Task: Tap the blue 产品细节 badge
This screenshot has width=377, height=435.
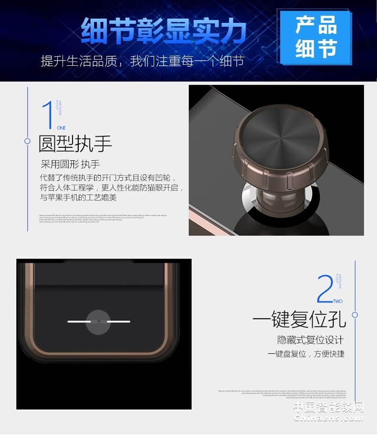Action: click(x=315, y=37)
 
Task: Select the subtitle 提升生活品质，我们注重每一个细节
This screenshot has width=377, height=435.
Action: click(x=142, y=61)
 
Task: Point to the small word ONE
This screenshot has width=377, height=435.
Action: click(x=61, y=128)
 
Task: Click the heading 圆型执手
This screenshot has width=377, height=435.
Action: click(x=75, y=144)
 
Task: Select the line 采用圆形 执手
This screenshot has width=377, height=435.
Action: click(x=70, y=165)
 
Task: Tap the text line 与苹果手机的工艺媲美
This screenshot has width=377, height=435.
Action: click(x=78, y=197)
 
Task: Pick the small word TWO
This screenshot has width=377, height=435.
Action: click(x=338, y=301)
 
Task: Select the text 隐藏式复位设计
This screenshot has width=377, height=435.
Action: click(x=311, y=340)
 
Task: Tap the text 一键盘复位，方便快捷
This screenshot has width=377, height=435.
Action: click(x=306, y=354)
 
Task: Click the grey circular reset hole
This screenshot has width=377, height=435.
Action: click(x=99, y=321)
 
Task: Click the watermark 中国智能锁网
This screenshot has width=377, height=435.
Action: click(x=328, y=407)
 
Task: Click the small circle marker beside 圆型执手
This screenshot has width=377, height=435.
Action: click(x=28, y=141)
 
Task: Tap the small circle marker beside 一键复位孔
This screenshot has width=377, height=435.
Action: click(x=355, y=315)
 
